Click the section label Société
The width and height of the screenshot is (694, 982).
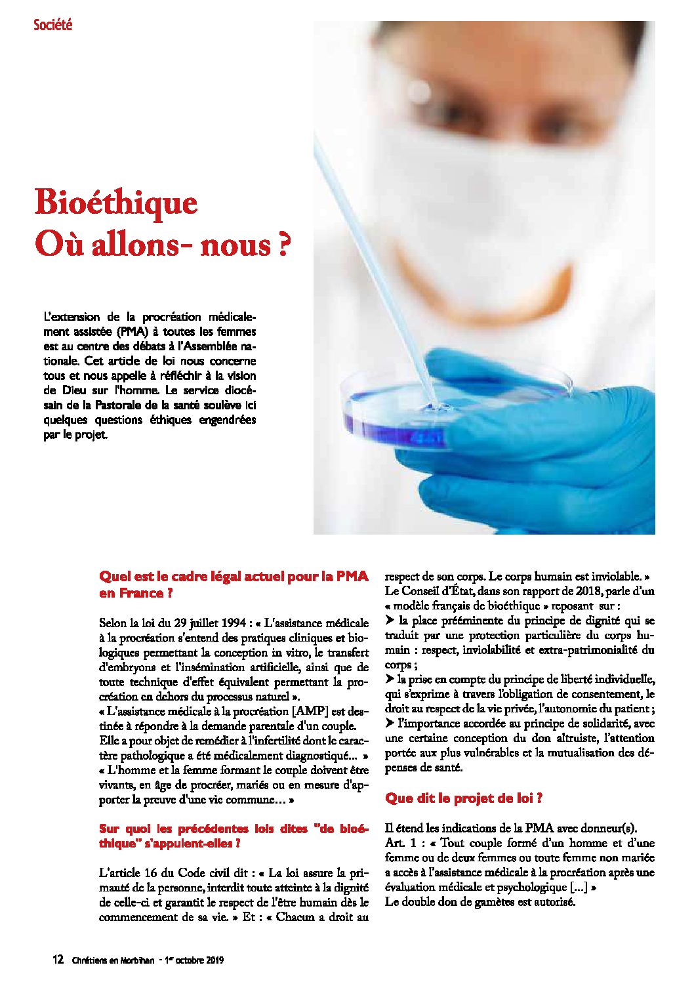click(52, 25)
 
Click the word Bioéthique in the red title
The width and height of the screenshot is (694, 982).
click(115, 202)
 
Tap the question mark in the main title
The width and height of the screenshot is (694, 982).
click(282, 244)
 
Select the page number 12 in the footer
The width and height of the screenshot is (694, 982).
click(58, 960)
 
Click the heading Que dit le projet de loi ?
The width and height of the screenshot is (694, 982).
click(463, 798)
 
